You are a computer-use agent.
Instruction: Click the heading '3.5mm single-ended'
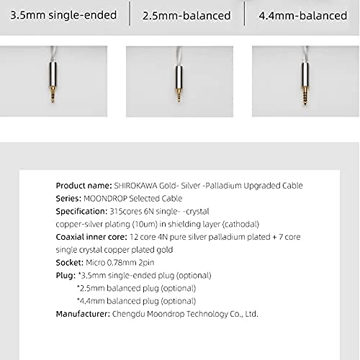click(63, 14)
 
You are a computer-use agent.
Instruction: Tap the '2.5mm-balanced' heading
click(186, 15)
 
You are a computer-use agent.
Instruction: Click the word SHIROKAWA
click(137, 185)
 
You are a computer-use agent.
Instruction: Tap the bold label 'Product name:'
click(84, 185)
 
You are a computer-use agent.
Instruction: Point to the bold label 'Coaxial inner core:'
click(93, 237)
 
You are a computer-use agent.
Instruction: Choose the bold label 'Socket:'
click(69, 263)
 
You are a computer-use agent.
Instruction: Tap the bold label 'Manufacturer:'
click(84, 315)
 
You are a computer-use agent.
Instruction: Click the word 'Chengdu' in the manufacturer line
click(132, 315)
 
